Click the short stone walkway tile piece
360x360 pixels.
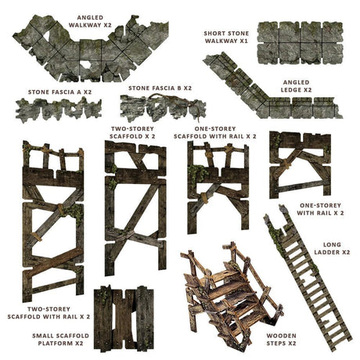(x=300, y=43)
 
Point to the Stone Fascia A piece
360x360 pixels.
(x=59, y=110)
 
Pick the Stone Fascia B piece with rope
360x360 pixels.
(x=163, y=108)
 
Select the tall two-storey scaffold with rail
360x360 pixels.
(x=53, y=221)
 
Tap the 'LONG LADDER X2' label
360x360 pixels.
(x=332, y=248)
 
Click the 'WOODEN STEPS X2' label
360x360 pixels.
(x=281, y=340)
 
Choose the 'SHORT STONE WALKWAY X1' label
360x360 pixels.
(x=226, y=37)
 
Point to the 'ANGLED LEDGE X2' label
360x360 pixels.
(x=296, y=86)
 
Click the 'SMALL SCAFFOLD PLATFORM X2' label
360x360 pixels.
(x=60, y=340)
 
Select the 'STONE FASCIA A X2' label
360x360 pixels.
(x=59, y=92)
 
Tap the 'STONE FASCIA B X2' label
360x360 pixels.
(x=160, y=88)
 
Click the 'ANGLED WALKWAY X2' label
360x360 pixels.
(x=90, y=21)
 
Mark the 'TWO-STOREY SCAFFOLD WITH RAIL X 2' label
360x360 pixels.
(x=49, y=313)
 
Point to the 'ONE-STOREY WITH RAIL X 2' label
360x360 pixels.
(x=320, y=209)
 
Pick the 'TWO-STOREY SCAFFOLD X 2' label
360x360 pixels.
(x=132, y=132)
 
